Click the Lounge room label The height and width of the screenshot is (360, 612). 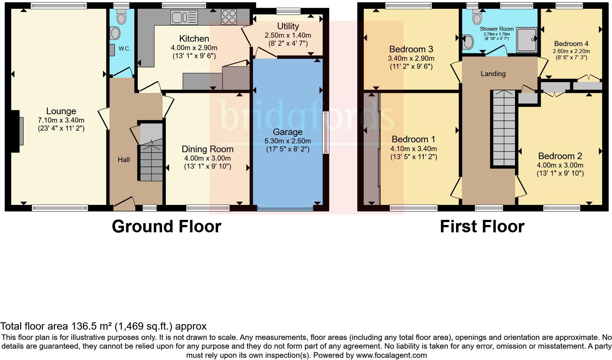pos(61,111)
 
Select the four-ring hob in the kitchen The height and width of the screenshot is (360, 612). pos(229,17)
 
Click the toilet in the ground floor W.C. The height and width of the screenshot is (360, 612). pos(121,17)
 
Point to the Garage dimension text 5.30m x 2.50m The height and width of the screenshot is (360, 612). pos(288,141)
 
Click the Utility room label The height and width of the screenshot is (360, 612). pos(288,26)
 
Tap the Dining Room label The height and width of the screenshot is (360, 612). pos(208,149)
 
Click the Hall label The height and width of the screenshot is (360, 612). pos(124,160)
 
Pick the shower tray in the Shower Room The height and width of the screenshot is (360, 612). pos(526,40)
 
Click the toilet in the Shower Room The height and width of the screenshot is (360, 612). pos(477,17)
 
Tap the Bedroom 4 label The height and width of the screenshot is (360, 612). pos(571,44)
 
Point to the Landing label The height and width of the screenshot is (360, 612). pos(493,74)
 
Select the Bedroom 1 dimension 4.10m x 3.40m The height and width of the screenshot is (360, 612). pos(414,149)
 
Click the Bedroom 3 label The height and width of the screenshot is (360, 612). pos(411,49)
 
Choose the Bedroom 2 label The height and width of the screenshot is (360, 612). pos(560,156)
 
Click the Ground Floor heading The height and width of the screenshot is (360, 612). pos(167,226)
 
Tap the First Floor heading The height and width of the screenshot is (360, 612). pos(482,226)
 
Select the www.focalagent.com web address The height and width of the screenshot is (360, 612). pos(391,355)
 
